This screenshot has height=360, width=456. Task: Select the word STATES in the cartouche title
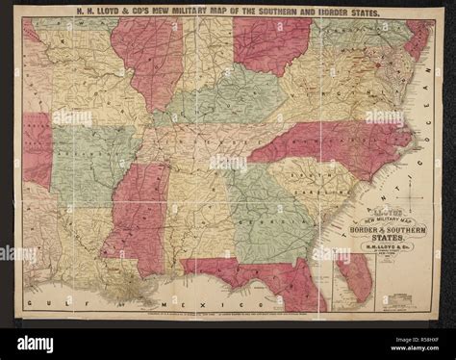[x=379, y=243]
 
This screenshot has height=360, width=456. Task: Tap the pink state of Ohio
[x=271, y=43]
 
